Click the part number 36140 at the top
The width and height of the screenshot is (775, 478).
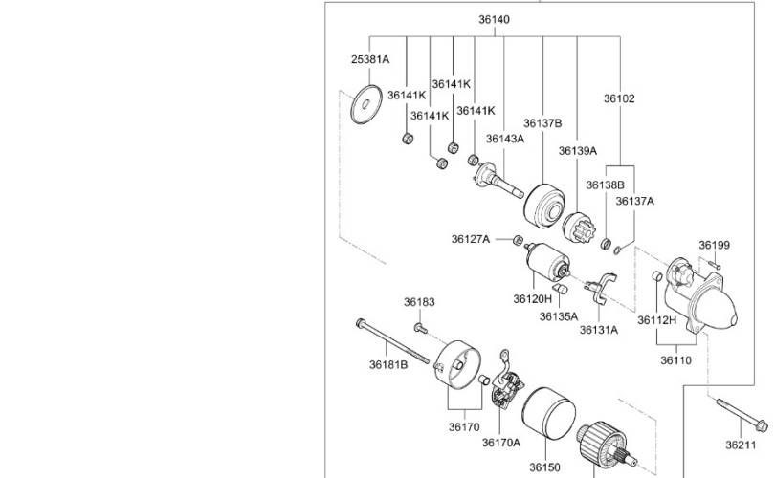coord(494,20)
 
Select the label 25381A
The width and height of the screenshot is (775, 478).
coord(370,59)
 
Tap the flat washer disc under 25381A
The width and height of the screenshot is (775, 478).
coord(366,104)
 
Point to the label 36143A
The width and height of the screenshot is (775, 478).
coord(504,139)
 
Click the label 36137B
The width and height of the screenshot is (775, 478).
coord(542,123)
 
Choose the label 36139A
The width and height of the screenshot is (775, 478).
coord(577,151)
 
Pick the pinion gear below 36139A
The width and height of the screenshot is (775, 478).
coord(579,228)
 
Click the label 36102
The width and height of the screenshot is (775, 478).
coord(619,98)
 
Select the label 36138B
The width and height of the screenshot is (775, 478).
coord(605,185)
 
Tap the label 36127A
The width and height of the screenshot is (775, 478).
coord(470,240)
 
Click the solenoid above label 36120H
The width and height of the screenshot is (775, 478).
coord(547,261)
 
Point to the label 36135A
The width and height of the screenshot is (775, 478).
coord(559,316)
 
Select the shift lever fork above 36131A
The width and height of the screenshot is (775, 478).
coord(601,288)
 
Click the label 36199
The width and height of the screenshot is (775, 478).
coord(714,245)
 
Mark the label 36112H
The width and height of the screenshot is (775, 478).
coord(656,320)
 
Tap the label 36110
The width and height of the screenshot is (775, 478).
coord(675,360)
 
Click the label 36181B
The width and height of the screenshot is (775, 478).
coord(388,365)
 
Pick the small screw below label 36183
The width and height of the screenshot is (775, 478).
coord(421,327)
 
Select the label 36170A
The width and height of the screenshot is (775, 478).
coord(501,443)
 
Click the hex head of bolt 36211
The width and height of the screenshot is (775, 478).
coord(762,425)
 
